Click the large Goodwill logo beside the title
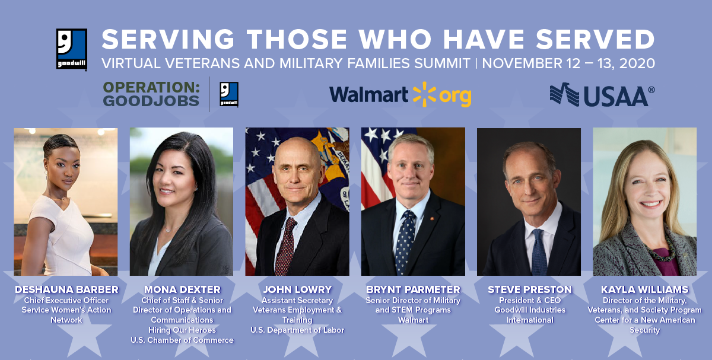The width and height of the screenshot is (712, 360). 72,49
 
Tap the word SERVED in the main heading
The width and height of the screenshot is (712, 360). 595,39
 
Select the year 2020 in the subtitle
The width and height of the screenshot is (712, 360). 637,63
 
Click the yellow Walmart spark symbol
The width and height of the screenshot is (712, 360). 424,94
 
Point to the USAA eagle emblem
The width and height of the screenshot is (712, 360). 564,94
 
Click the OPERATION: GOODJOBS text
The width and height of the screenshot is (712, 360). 151,94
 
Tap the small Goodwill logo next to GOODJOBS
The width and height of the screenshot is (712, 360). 229,94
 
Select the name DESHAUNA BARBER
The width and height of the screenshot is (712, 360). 66,289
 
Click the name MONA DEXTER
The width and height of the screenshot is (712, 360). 182,289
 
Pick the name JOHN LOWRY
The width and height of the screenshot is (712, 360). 297,289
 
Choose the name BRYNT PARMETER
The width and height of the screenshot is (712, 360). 413,289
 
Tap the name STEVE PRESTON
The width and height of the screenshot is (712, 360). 530,289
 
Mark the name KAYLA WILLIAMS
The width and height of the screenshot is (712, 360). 644,289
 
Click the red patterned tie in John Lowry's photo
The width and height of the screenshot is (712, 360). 285,246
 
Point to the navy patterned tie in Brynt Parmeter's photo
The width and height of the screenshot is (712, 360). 404,243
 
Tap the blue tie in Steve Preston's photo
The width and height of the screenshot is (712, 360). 539,253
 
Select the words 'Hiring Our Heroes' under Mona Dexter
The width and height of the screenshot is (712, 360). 182,330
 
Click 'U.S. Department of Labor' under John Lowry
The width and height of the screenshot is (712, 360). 297,330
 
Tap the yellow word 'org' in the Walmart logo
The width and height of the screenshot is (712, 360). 455,97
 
